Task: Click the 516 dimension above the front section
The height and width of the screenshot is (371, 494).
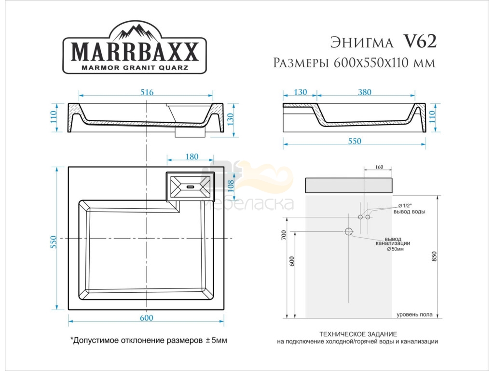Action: point(147,92)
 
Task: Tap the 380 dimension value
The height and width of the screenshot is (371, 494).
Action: point(365,92)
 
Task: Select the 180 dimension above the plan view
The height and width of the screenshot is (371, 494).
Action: point(192,157)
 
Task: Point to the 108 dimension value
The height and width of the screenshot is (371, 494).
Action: point(231,186)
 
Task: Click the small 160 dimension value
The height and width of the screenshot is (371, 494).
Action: point(379,167)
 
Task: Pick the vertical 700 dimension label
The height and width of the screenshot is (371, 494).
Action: point(284,235)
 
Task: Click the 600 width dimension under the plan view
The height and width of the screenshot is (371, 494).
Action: point(147,317)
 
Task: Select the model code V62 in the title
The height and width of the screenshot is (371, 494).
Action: point(420,41)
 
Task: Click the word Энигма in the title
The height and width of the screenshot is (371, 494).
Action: point(362,43)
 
